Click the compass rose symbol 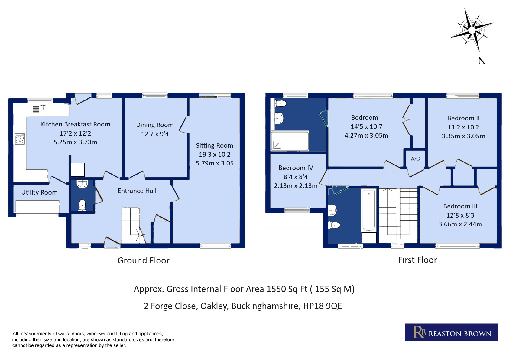472,30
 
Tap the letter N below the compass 482,61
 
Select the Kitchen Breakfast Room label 75,124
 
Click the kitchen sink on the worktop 40,109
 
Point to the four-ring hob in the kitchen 20,139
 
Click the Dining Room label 155,125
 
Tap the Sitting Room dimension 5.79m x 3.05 215,163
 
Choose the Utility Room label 39,192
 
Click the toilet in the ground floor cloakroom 82,205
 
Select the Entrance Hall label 137,191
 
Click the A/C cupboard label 415,159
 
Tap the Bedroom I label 366,118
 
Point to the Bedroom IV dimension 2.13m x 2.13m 295,186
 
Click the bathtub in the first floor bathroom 369,211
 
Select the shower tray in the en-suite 290,141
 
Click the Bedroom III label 460,206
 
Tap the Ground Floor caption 143,260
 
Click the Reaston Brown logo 451,332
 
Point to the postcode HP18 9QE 323,306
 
